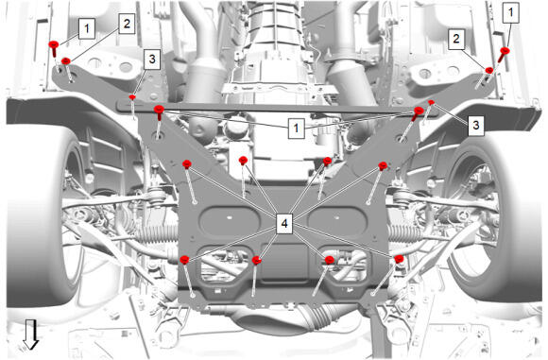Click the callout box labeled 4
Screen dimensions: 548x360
[x=284, y=223]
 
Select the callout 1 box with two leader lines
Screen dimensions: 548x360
[x=297, y=128]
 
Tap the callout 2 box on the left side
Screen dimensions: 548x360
[x=127, y=24]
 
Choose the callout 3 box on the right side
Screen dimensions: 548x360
[x=476, y=125]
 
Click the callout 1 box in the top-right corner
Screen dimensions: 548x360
[x=511, y=13]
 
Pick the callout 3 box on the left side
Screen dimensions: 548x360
[x=152, y=60]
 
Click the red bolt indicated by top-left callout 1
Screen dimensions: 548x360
[x=54, y=48]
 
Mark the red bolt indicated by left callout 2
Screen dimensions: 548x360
[x=66, y=61]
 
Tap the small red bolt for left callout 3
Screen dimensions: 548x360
[x=132, y=96]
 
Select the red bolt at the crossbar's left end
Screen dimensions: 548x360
[x=159, y=111]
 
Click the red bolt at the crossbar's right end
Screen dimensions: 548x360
[x=418, y=113]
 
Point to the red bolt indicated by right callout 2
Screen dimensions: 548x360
[x=489, y=70]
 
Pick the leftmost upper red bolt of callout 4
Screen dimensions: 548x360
[x=187, y=163]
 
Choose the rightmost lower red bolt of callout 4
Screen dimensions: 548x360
[x=399, y=259]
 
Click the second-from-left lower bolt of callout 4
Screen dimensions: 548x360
[x=257, y=260]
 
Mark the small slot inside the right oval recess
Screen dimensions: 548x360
[x=337, y=217]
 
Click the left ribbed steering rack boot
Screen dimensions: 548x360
[x=158, y=233]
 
